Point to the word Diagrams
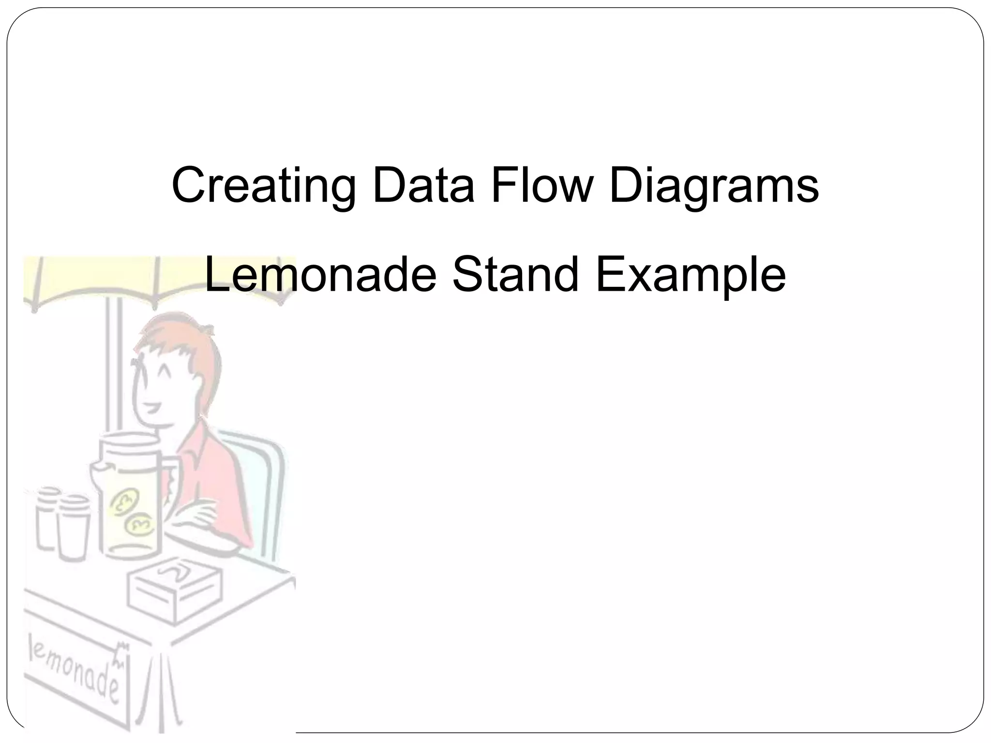(x=714, y=186)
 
